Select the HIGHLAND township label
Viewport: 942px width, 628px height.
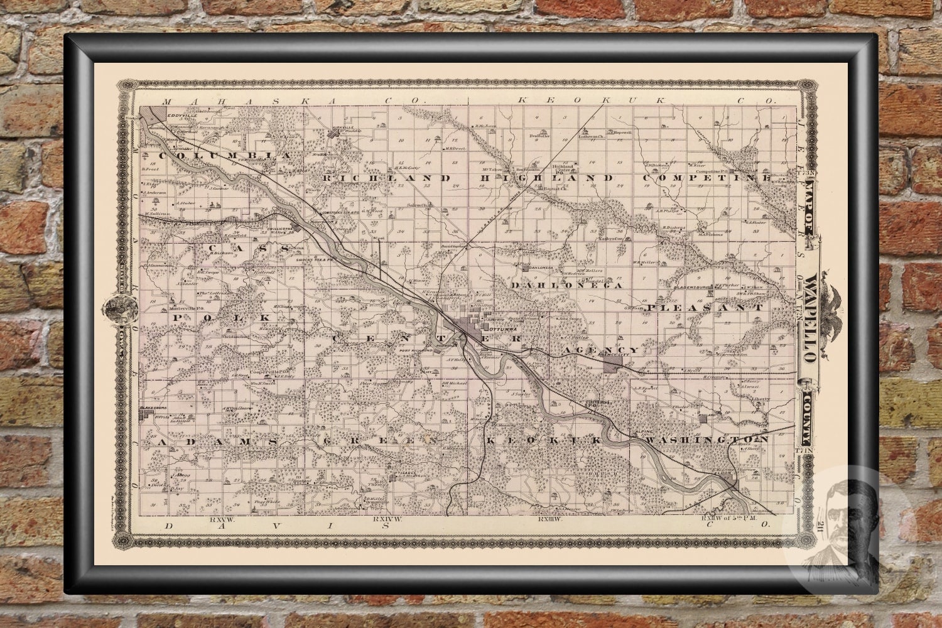click(x=546, y=178)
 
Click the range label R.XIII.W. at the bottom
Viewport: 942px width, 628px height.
click(x=548, y=519)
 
